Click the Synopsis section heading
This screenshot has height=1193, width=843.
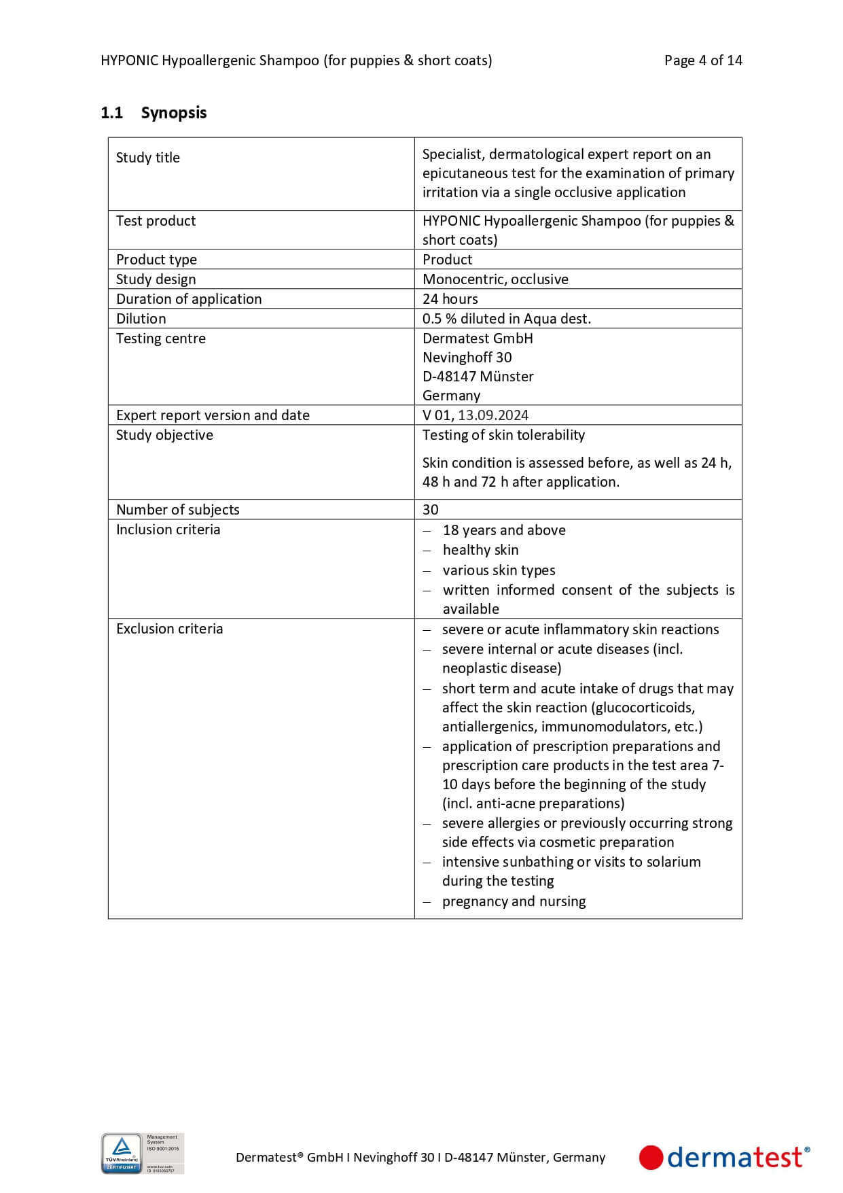click(x=173, y=113)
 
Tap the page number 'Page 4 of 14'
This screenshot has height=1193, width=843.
click(x=703, y=60)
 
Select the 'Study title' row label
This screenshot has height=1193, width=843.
click(x=148, y=158)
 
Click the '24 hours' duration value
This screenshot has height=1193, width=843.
click(x=450, y=299)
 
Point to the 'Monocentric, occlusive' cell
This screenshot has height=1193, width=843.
click(x=495, y=279)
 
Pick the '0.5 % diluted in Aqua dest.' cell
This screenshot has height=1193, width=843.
click(x=506, y=319)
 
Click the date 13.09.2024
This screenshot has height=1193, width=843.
click(x=493, y=415)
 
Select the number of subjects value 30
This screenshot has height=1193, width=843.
click(x=431, y=510)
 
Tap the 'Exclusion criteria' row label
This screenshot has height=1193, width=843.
click(x=169, y=629)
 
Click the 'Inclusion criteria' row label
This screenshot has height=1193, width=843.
click(x=168, y=530)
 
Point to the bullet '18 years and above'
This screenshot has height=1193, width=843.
click(x=503, y=530)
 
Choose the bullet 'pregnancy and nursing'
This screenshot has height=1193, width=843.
click(x=514, y=901)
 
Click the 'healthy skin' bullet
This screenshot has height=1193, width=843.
click(x=480, y=550)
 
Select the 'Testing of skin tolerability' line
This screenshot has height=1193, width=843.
click(x=503, y=435)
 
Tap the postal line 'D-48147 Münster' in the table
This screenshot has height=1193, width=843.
click(x=478, y=377)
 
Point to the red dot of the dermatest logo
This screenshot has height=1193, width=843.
click(x=651, y=1158)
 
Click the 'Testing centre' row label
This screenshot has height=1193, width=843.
click(x=160, y=339)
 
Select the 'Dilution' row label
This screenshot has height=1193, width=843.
click(x=141, y=319)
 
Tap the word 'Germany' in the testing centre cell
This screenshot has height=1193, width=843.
click(x=451, y=396)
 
